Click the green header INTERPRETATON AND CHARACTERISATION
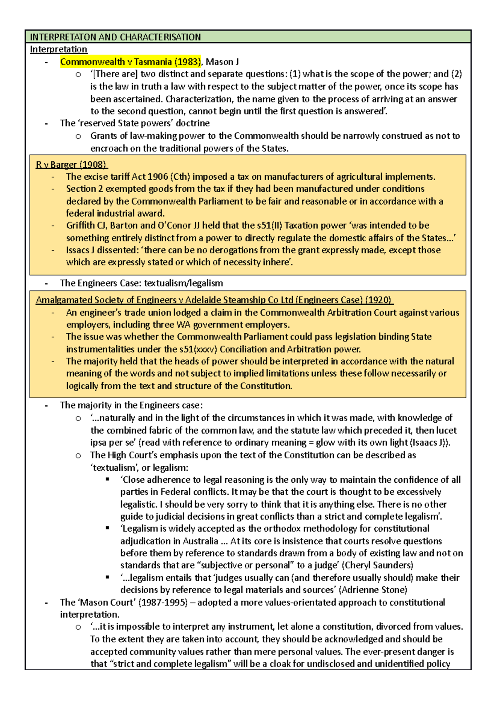[x=115, y=37]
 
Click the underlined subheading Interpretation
[x=58, y=49]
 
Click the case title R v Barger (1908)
[x=71, y=164]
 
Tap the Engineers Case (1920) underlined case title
[x=214, y=300]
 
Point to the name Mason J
[x=222, y=62]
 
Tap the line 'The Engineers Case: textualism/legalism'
[x=141, y=283]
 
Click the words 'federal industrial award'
[x=115, y=213]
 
